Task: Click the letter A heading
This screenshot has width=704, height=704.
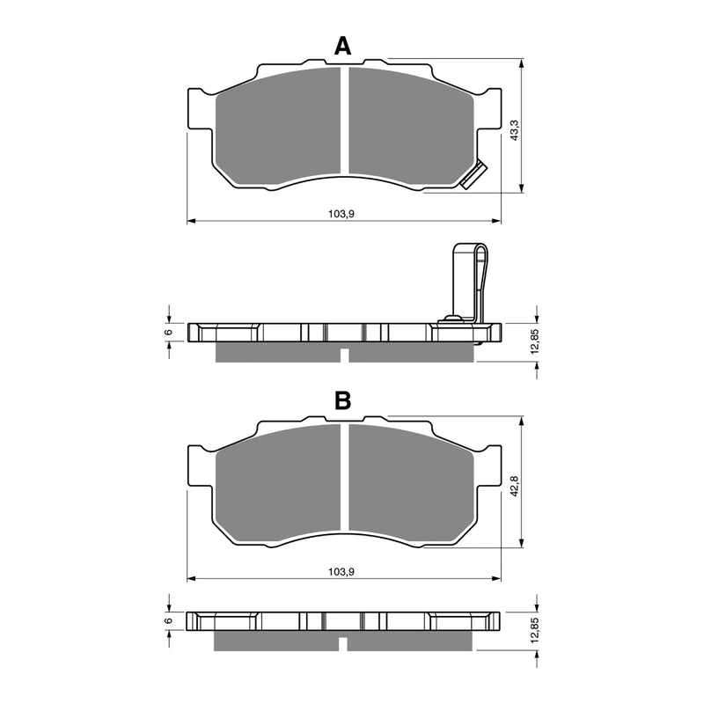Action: (x=343, y=47)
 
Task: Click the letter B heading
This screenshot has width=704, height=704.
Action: (x=343, y=401)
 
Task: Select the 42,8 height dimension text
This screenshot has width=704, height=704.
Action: (x=513, y=486)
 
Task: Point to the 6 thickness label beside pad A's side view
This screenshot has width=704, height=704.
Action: (x=168, y=333)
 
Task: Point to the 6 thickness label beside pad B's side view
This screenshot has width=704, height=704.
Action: (x=168, y=621)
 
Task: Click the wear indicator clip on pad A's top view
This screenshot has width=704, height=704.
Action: (x=473, y=175)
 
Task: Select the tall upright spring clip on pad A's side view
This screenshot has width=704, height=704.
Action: (x=469, y=282)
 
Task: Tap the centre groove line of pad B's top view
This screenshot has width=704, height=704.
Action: (x=343, y=480)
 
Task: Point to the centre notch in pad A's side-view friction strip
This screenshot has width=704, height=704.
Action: (x=344, y=355)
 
